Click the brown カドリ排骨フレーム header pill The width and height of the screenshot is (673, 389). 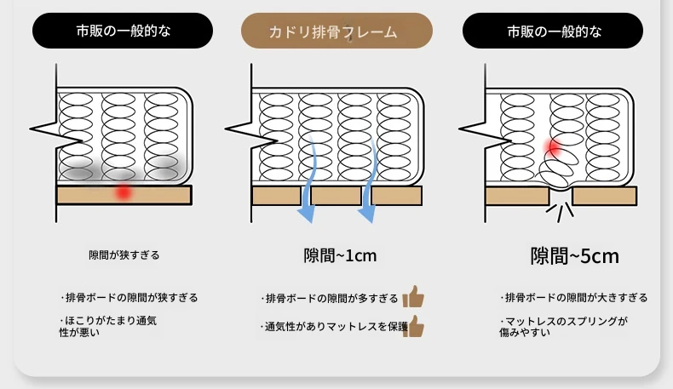[x=336, y=31]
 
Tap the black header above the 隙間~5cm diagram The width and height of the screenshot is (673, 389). [x=553, y=31]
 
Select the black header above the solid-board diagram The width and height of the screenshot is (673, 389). [x=123, y=31]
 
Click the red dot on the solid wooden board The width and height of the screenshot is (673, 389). [x=124, y=192]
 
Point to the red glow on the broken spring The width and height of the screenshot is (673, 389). [x=553, y=147]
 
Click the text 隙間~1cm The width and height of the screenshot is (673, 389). [x=340, y=255]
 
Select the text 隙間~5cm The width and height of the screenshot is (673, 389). [x=575, y=256]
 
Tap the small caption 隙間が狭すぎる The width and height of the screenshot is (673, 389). [x=124, y=255]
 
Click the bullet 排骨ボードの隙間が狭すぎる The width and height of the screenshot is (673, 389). [x=129, y=298]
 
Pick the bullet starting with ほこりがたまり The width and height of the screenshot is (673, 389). [x=108, y=326]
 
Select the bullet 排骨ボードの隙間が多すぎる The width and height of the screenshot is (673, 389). [x=330, y=299]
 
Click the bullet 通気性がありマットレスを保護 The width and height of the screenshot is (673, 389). [x=334, y=327]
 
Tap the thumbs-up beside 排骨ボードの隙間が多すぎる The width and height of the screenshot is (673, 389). [x=413, y=297]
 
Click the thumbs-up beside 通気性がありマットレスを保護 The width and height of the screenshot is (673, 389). [x=414, y=326]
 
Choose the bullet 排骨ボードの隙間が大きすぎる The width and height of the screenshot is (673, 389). [x=574, y=298]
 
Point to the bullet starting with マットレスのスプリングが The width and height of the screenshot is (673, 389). [x=564, y=327]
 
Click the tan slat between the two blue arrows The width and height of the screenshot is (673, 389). [x=336, y=196]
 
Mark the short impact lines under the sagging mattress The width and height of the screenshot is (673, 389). [x=560, y=211]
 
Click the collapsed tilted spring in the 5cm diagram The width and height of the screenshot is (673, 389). [x=557, y=169]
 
